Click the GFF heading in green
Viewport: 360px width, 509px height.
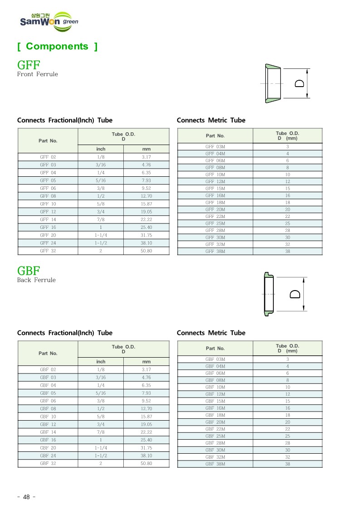pos(29,64)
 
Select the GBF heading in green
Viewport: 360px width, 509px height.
pos(29,271)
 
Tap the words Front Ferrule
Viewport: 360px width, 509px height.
pos(38,74)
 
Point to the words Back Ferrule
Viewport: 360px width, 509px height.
pos(36,280)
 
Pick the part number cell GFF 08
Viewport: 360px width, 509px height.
pos(48,196)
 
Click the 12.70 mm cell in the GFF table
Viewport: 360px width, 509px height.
pos(146,196)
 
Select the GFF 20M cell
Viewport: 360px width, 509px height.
pos(215,209)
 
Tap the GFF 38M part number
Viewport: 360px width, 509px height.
pos(215,251)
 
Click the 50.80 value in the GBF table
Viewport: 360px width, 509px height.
pos(146,464)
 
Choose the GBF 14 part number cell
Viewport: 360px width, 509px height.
pos(48,432)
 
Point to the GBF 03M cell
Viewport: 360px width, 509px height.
pos(215,359)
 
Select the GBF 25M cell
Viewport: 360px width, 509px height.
pos(215,436)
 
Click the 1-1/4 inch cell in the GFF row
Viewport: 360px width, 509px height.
pos(101,235)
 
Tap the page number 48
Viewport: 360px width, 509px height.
pos(26,497)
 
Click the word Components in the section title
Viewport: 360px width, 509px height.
pos(57,46)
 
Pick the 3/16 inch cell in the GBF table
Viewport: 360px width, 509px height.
pos(101,377)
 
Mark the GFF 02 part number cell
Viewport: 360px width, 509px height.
pos(48,157)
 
